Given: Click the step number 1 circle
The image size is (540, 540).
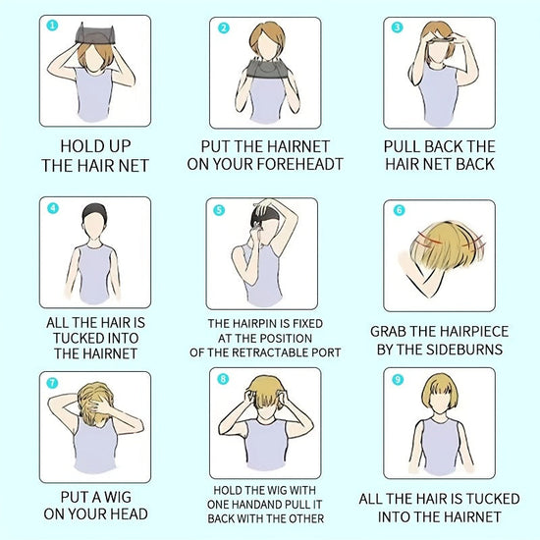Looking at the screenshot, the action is click(x=52, y=26).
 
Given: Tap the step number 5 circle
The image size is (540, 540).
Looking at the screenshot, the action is click(x=219, y=210).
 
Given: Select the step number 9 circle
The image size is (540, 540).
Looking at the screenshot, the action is click(x=398, y=380).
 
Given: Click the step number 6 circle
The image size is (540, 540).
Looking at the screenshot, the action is click(x=399, y=210).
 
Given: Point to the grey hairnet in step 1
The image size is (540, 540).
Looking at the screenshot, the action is click(x=94, y=33).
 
